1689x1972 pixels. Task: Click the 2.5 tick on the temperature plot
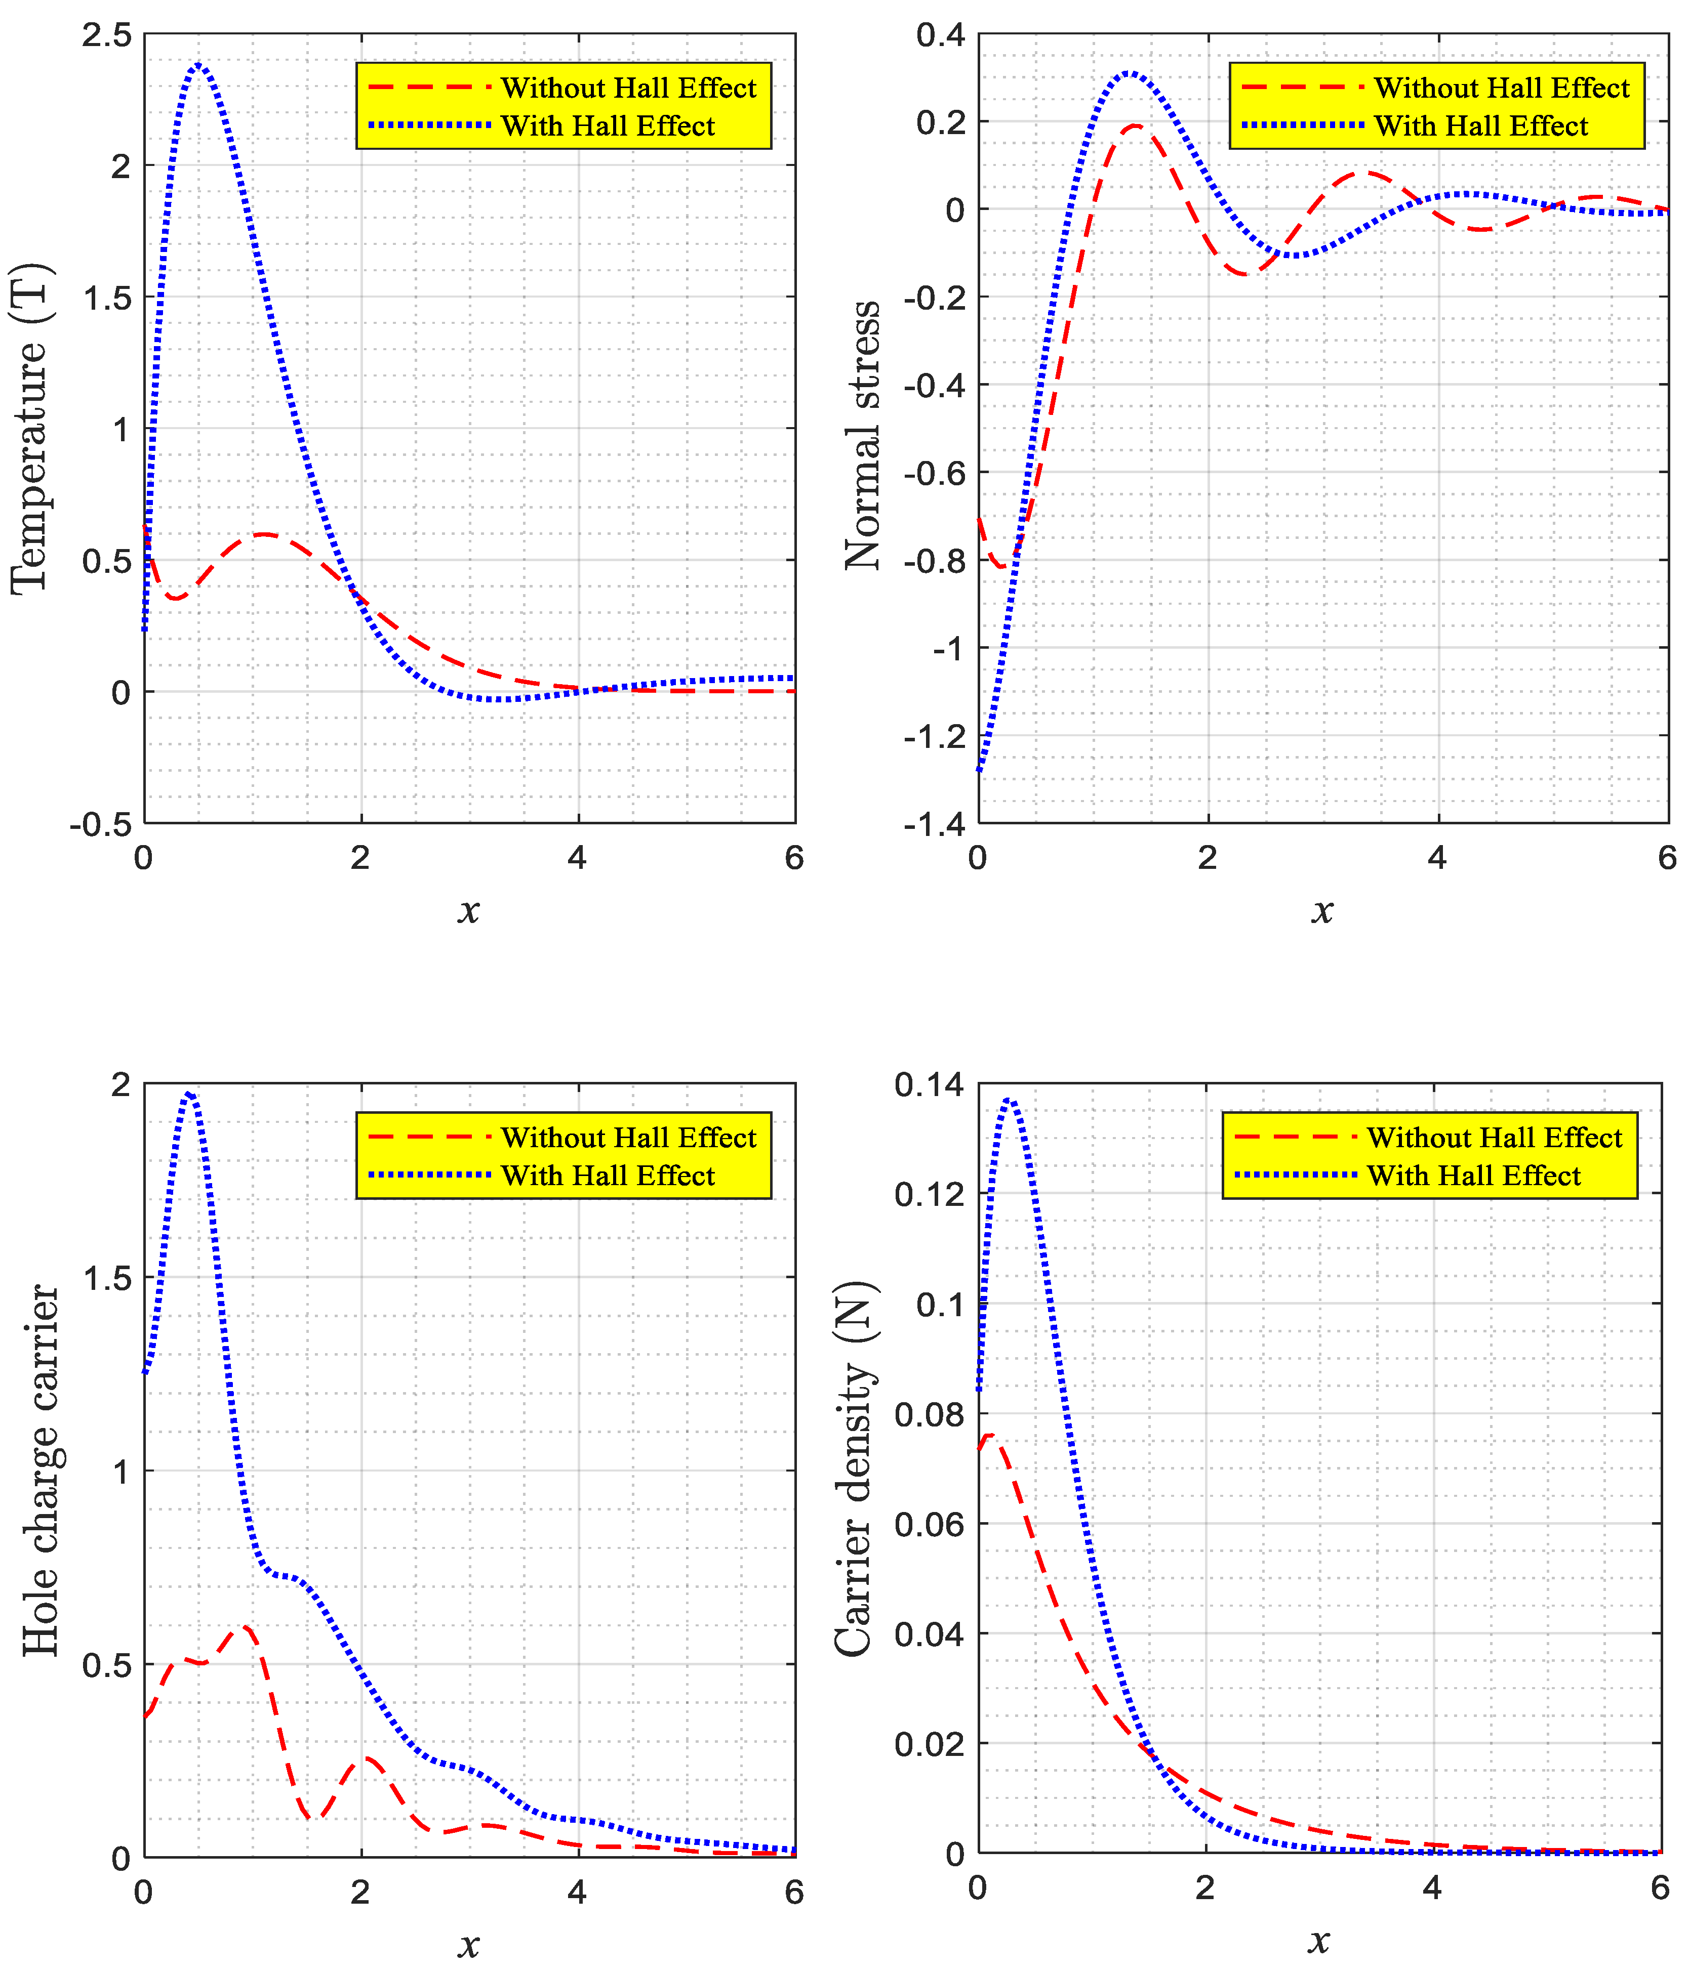[x=107, y=36]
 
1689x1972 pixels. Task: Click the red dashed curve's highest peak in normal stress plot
[x=1135, y=125]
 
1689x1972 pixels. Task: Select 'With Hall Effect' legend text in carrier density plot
[x=1474, y=1177]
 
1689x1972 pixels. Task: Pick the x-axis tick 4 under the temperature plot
[x=577, y=858]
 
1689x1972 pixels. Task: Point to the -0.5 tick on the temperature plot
[x=100, y=824]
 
